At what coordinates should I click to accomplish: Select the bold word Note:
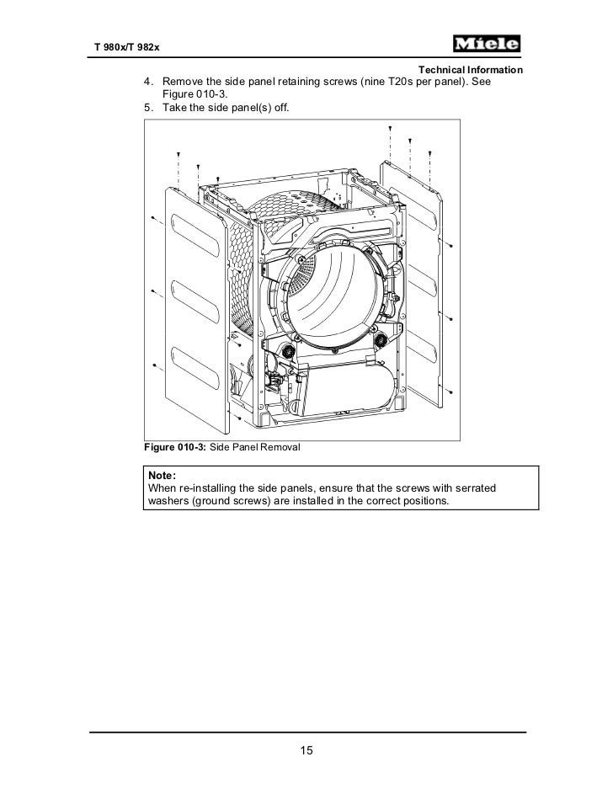click(163, 475)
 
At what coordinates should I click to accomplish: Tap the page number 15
click(306, 750)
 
